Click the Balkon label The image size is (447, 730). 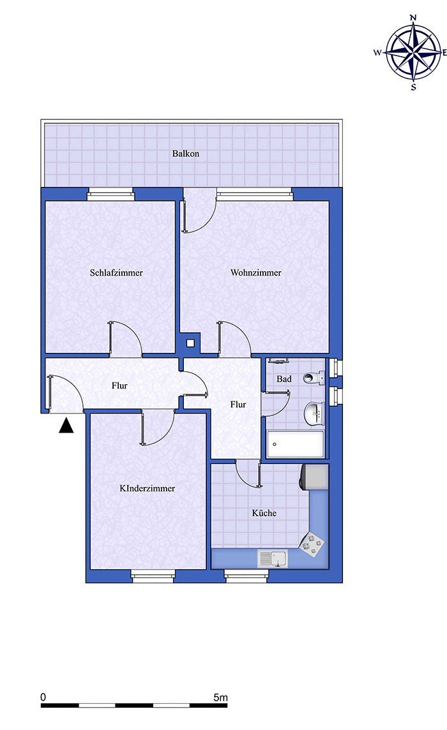point(186,154)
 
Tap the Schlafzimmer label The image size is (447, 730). point(116,273)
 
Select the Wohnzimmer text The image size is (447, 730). point(256,273)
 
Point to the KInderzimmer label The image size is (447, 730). point(148,488)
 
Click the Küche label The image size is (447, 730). point(264,513)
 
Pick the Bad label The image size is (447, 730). point(284,379)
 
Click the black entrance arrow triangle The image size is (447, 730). point(66,426)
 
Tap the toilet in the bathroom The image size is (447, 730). point(314,378)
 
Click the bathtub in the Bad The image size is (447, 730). point(296,444)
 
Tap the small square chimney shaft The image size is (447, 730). point(190,343)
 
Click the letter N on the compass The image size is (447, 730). point(413,18)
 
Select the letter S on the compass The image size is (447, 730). point(413,87)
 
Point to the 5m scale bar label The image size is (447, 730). point(220,697)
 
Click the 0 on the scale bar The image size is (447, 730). point(43,697)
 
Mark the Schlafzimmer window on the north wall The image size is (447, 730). point(111,195)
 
